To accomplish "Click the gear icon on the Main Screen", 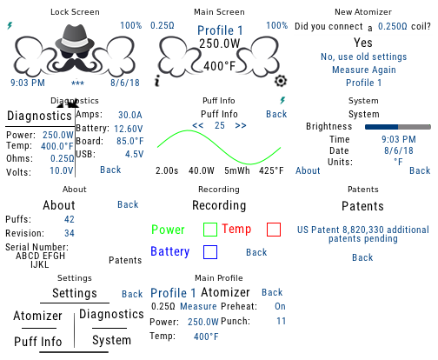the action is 281,81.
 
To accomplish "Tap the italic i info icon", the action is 157,81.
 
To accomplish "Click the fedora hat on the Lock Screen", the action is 75,37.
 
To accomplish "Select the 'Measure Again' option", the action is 364,70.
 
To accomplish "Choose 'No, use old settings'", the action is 363,57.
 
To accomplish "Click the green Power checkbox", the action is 210,230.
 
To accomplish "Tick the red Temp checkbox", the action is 274,230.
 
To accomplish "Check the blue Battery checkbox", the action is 210,252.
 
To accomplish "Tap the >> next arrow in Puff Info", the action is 241,125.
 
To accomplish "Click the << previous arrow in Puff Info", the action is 198,125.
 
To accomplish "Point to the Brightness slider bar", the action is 398,127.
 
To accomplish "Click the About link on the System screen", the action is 308,170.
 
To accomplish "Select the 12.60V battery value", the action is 129,129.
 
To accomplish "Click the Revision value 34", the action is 70,233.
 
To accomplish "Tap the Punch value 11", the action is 281,321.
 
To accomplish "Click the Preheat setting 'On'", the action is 280,306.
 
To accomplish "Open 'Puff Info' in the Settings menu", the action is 38,342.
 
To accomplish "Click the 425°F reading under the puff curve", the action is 271,170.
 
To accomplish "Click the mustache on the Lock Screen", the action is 74,64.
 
